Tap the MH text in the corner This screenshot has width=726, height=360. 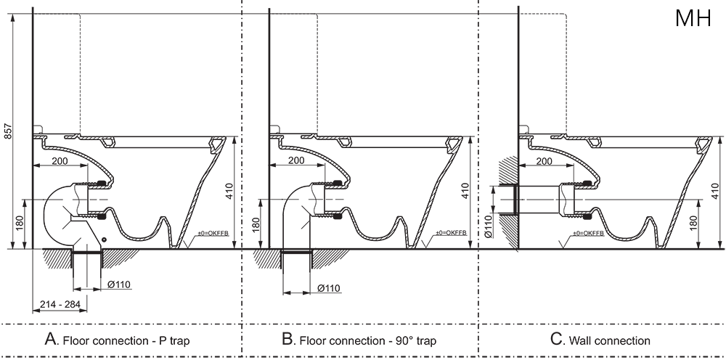point(693,18)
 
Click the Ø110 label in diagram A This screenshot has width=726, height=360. point(120,285)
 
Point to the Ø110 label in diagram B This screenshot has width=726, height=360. point(329,288)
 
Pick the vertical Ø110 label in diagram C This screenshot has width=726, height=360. point(489,226)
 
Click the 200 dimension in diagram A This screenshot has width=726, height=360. point(60,160)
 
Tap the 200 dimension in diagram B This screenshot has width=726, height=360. point(296,160)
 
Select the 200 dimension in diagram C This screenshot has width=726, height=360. point(544,160)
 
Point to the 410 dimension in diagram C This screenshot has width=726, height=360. point(715,191)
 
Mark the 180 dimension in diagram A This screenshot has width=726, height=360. point(18,225)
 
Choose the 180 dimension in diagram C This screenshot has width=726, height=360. point(693,224)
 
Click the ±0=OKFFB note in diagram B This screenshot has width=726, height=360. point(451,233)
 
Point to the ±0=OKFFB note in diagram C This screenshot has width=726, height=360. point(589,233)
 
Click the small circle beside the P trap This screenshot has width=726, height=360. point(105,240)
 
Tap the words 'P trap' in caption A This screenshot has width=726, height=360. point(174,341)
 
